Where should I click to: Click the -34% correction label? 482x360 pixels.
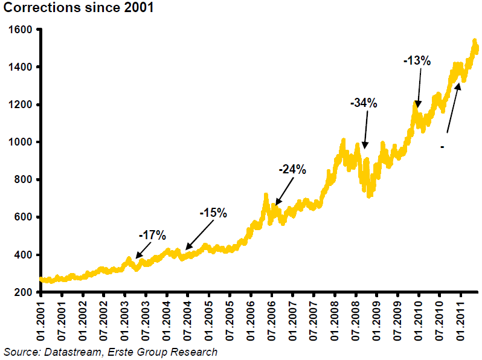click(364, 103)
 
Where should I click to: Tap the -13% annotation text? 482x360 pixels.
click(417, 60)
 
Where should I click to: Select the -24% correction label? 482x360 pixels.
click(292, 169)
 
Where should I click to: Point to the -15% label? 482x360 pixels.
click(213, 213)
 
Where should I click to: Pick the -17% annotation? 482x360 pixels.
click(152, 235)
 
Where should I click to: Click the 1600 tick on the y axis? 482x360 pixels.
click(21, 30)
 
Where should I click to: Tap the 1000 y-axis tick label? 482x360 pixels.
click(21, 142)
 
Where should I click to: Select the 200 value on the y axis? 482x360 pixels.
click(23, 292)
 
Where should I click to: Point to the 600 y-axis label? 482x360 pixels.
click(23, 217)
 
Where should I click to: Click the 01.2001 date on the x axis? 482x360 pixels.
click(40, 321)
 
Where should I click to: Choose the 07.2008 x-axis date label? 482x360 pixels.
click(356, 321)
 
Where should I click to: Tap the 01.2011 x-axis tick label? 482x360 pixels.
click(460, 321)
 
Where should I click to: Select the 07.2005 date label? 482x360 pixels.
click(230, 321)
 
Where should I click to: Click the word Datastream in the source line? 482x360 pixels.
click(72, 352)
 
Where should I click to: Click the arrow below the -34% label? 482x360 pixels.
click(366, 130)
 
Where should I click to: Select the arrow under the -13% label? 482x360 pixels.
click(419, 88)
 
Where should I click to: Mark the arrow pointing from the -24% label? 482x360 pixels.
click(284, 191)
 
